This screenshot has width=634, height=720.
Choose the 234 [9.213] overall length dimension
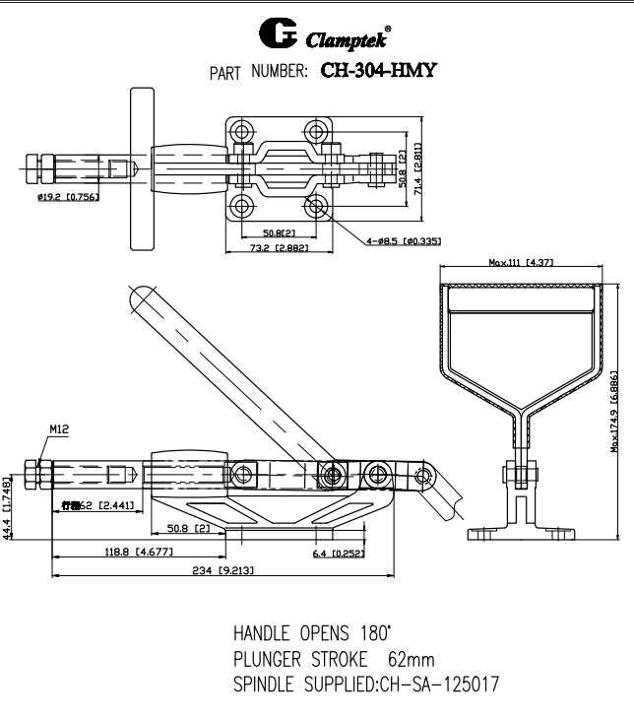tap(213, 570)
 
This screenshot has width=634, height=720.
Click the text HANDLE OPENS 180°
tap(310, 632)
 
